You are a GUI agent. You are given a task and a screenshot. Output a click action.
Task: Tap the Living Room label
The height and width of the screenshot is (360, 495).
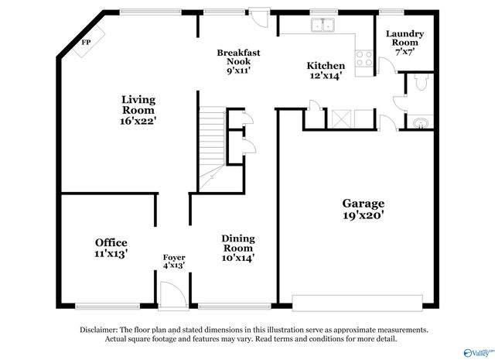138,110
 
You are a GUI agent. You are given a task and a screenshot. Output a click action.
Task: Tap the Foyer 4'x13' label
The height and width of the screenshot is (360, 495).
173,262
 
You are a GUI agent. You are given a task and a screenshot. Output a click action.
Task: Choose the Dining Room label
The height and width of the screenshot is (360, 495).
238,249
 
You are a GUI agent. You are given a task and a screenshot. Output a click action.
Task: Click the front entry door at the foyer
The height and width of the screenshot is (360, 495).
170,295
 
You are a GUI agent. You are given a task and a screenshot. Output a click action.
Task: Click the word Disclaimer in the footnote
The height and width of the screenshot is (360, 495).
103,330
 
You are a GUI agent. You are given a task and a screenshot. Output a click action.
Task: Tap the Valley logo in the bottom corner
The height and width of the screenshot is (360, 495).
482,350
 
